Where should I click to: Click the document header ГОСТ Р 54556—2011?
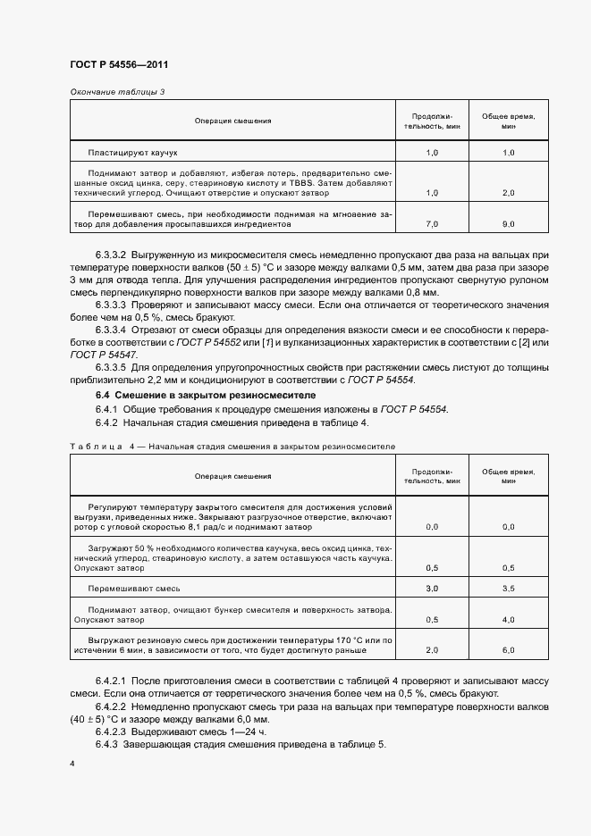coord(118,65)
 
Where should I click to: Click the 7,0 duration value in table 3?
coord(432,223)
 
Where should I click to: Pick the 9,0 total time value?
coord(508,223)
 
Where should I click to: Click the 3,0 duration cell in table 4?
coord(432,589)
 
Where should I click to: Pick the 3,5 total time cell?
coord(508,589)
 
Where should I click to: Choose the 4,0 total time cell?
coord(508,619)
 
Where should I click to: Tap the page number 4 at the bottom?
coord(72,764)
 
